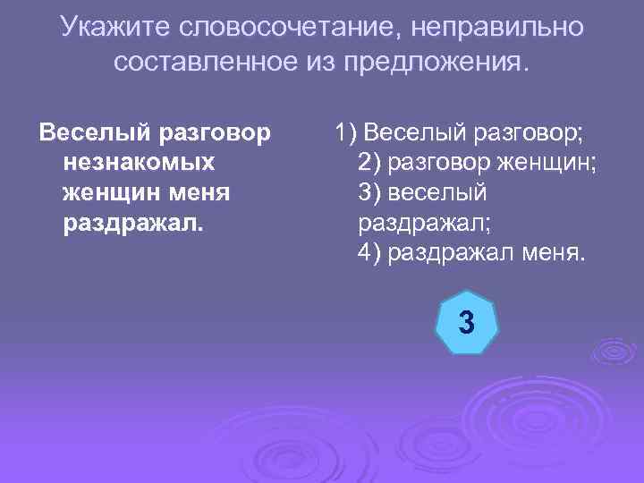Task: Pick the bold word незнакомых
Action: (139, 163)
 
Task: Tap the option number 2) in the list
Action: (369, 163)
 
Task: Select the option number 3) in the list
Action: (369, 192)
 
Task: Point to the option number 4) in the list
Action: (369, 251)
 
